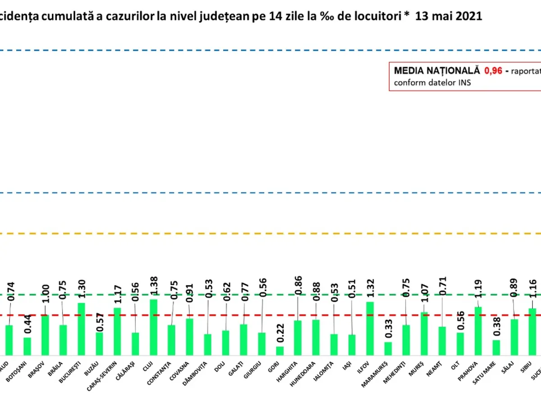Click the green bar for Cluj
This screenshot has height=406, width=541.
(x=153, y=328)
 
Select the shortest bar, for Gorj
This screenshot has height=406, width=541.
(x=280, y=351)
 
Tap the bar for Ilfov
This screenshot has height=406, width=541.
(x=370, y=328)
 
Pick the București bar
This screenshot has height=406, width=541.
(x=81, y=329)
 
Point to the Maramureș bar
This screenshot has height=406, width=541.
(x=388, y=349)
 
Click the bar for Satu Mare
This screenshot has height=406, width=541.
(x=496, y=347)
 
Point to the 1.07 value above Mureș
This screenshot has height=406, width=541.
(x=424, y=290)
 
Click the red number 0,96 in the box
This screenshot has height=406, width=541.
(x=493, y=71)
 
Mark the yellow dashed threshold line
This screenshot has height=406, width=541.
(x=270, y=234)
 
